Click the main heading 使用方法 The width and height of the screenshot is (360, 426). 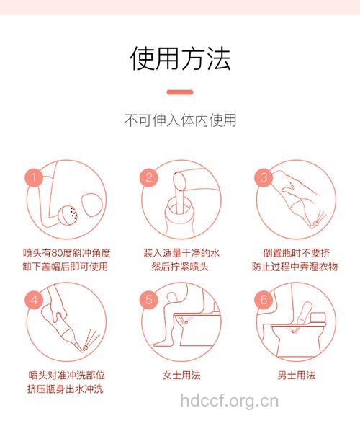pos(180,58)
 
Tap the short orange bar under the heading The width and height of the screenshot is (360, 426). pos(180,92)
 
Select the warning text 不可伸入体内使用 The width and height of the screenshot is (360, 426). pos(180,120)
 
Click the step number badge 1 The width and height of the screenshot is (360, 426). pos(32,177)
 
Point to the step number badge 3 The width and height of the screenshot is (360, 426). pos(264,177)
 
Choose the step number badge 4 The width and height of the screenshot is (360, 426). pos(32,298)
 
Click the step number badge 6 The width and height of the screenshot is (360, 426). pos(264,298)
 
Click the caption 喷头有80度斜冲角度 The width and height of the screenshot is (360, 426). pos(66,253)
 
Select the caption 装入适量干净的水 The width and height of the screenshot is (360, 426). pos(181,253)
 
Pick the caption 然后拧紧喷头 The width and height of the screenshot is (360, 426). pos(181,267)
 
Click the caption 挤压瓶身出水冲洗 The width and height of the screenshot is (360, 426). pos(66,389)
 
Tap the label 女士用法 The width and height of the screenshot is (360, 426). pos(181,375)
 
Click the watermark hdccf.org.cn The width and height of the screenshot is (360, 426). pos(229,400)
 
